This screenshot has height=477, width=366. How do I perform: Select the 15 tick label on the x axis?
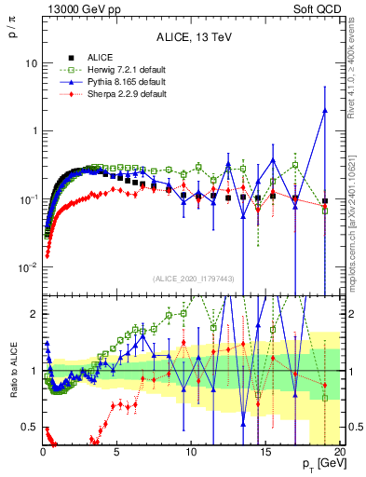[264, 454]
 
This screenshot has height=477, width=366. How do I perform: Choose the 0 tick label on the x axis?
[43, 454]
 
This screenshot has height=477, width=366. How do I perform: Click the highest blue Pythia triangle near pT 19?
[324, 111]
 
